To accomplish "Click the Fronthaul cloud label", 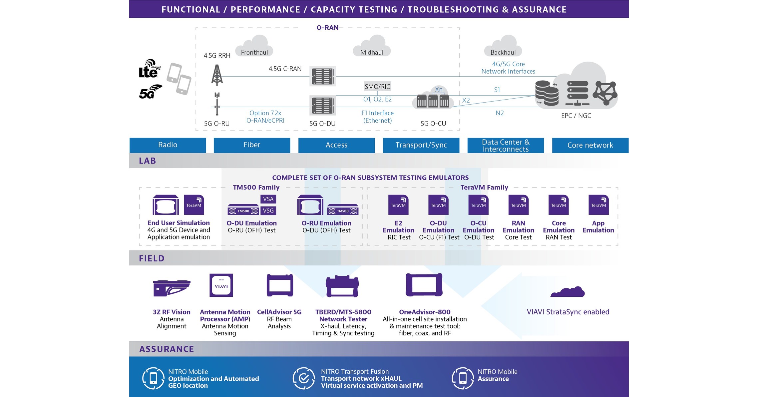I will (x=254, y=52).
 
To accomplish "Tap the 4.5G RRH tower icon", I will (x=217, y=75).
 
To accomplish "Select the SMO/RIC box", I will (x=377, y=87).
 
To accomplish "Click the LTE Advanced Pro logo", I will (x=149, y=69).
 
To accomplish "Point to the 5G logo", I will (x=150, y=92).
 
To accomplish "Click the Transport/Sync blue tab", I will (x=421, y=145).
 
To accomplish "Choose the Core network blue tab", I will (x=590, y=145).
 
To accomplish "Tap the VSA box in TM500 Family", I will (x=268, y=199).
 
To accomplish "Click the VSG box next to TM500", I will (x=268, y=210).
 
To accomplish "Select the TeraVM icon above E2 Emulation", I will (x=398, y=204).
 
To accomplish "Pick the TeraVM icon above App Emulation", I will (x=598, y=204).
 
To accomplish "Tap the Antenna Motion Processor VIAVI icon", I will (x=221, y=285).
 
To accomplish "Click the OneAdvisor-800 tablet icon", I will (x=424, y=285).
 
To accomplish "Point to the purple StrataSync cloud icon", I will (x=568, y=292).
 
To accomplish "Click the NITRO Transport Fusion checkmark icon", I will (x=303, y=378).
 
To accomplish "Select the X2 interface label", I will (x=466, y=100).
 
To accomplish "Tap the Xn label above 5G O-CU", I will (x=439, y=89).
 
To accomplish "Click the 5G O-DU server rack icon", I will (x=322, y=105).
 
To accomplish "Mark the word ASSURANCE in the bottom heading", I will (x=167, y=349).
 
